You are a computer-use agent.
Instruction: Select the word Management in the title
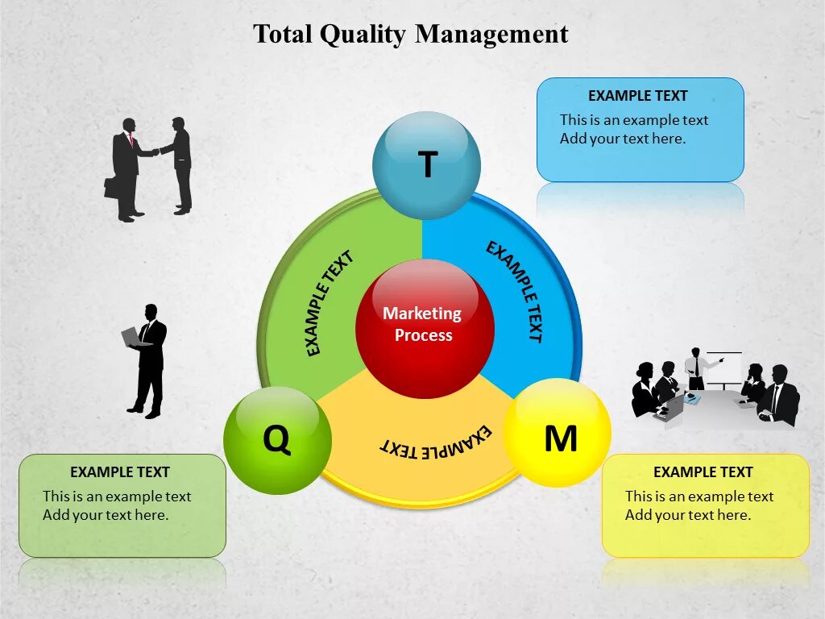pos(491,34)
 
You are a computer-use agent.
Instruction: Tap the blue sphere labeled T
pos(426,165)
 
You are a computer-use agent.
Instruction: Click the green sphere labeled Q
pos(277,440)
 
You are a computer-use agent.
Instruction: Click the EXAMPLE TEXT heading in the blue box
pos(637,96)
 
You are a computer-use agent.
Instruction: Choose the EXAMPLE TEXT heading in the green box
pos(120,472)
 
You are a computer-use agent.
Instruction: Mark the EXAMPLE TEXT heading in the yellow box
pos(703,472)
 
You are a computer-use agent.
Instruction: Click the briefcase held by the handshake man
pos(110,187)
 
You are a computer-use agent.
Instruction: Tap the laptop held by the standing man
pos(131,337)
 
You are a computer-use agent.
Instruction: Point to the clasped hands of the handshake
pos(155,152)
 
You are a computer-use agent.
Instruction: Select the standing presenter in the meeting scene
pos(694,369)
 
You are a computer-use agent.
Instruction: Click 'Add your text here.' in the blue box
pos(623,139)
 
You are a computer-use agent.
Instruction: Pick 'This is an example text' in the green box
pos(117,496)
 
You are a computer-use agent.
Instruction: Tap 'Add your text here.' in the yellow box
pos(688,515)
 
